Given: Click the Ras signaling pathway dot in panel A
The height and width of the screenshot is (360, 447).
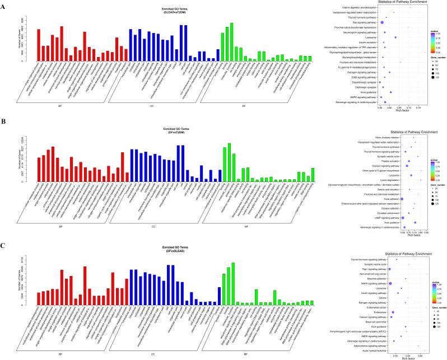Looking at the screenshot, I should [x=382, y=22].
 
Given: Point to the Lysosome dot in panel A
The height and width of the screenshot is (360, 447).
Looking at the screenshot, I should [x=395, y=38].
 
